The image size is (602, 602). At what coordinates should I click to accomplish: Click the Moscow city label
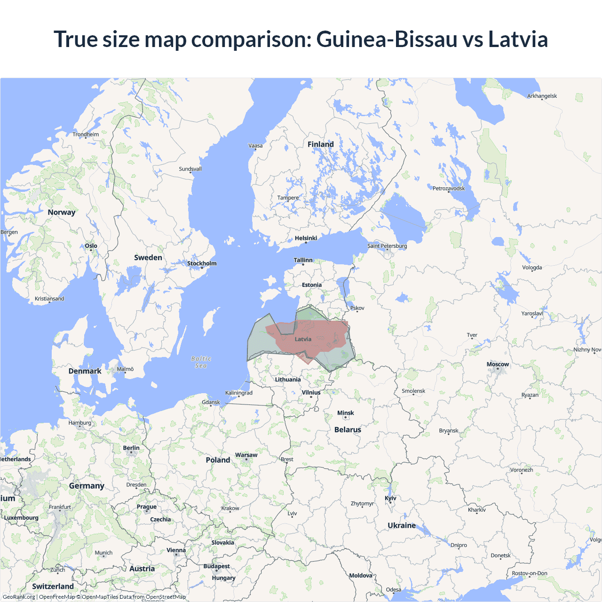point(498,364)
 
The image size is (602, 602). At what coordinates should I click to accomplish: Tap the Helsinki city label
point(306,238)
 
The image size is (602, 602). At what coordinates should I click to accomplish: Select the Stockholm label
point(202,263)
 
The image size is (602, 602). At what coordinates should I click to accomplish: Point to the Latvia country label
point(303,339)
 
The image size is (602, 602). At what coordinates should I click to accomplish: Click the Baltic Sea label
point(201,362)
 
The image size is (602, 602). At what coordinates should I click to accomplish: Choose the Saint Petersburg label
point(387,246)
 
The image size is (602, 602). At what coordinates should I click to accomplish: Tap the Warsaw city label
point(246,455)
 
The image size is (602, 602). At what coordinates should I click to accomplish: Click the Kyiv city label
point(390,499)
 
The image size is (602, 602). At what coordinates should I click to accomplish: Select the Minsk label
point(346,413)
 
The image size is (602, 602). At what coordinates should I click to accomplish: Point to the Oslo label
point(91,246)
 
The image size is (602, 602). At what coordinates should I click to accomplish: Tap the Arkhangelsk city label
point(542,96)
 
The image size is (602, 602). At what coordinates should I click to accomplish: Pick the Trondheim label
point(86,135)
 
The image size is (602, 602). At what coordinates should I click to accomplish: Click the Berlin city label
point(131,448)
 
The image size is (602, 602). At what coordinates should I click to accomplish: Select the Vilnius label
point(311,393)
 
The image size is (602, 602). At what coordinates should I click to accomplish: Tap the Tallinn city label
point(303,260)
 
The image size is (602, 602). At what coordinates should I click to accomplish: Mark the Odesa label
point(394,590)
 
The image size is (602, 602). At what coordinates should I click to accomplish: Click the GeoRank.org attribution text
point(19,597)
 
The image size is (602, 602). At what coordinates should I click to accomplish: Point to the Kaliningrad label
point(239,393)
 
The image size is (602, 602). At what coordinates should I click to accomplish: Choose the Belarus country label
point(348,430)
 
